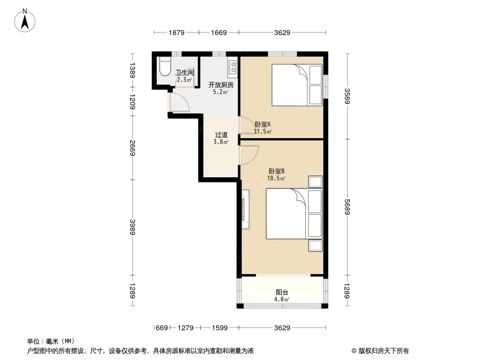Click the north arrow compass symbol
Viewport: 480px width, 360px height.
[25, 21]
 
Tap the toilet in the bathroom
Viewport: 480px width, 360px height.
[165, 66]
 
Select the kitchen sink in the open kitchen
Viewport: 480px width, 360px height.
[233, 67]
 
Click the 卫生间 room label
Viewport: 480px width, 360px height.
[184, 72]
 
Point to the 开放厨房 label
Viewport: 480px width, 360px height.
[221, 85]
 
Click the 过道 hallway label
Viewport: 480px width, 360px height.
[221, 135]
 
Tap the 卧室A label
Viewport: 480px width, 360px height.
[263, 125]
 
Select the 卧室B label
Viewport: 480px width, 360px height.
[276, 171]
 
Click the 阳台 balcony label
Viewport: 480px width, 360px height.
[281, 292]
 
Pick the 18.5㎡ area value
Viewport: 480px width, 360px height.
[276, 178]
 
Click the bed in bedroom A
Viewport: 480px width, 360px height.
[297, 85]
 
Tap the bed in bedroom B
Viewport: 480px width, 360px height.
[294, 213]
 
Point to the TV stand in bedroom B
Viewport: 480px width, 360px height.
[245, 209]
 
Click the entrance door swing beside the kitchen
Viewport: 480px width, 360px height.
[180, 101]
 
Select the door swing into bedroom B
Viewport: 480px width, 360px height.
[249, 155]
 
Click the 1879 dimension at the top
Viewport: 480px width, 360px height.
[177, 32]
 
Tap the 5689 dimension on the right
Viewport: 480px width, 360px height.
[347, 207]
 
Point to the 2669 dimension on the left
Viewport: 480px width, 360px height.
[132, 148]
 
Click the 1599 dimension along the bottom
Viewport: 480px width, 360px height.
[220, 328]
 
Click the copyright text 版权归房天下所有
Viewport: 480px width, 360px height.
[384, 351]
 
